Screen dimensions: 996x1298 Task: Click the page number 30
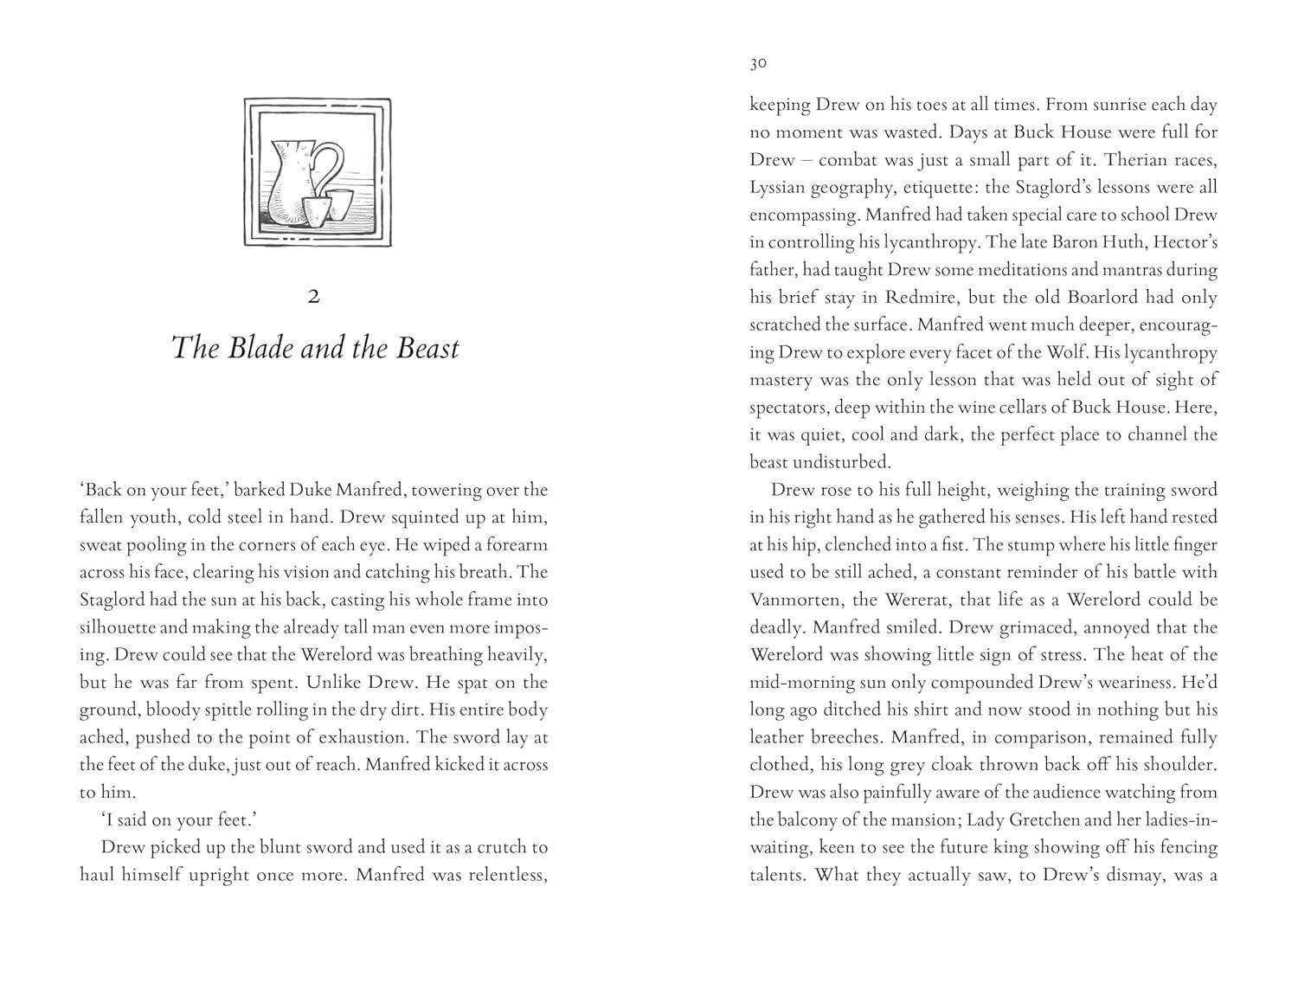[758, 63]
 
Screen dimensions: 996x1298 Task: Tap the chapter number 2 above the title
[313, 297]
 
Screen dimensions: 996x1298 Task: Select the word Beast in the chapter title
[427, 348]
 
